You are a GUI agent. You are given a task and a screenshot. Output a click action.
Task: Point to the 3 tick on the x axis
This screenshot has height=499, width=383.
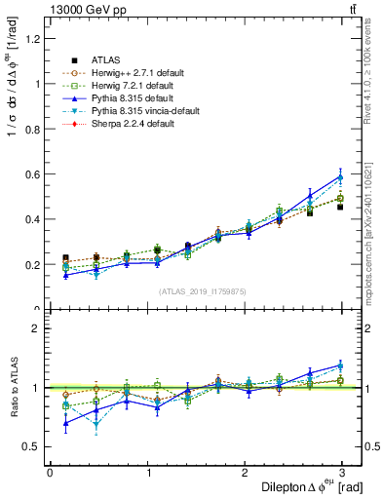click(x=344, y=471)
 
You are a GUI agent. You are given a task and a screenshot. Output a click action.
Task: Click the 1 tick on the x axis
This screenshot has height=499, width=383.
click(x=147, y=471)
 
